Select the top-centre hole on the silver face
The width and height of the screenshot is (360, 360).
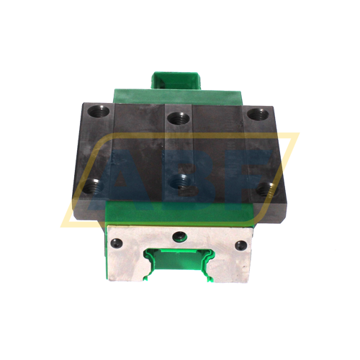[x=179, y=236]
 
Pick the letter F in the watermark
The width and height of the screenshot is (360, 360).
[x=248, y=173]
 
